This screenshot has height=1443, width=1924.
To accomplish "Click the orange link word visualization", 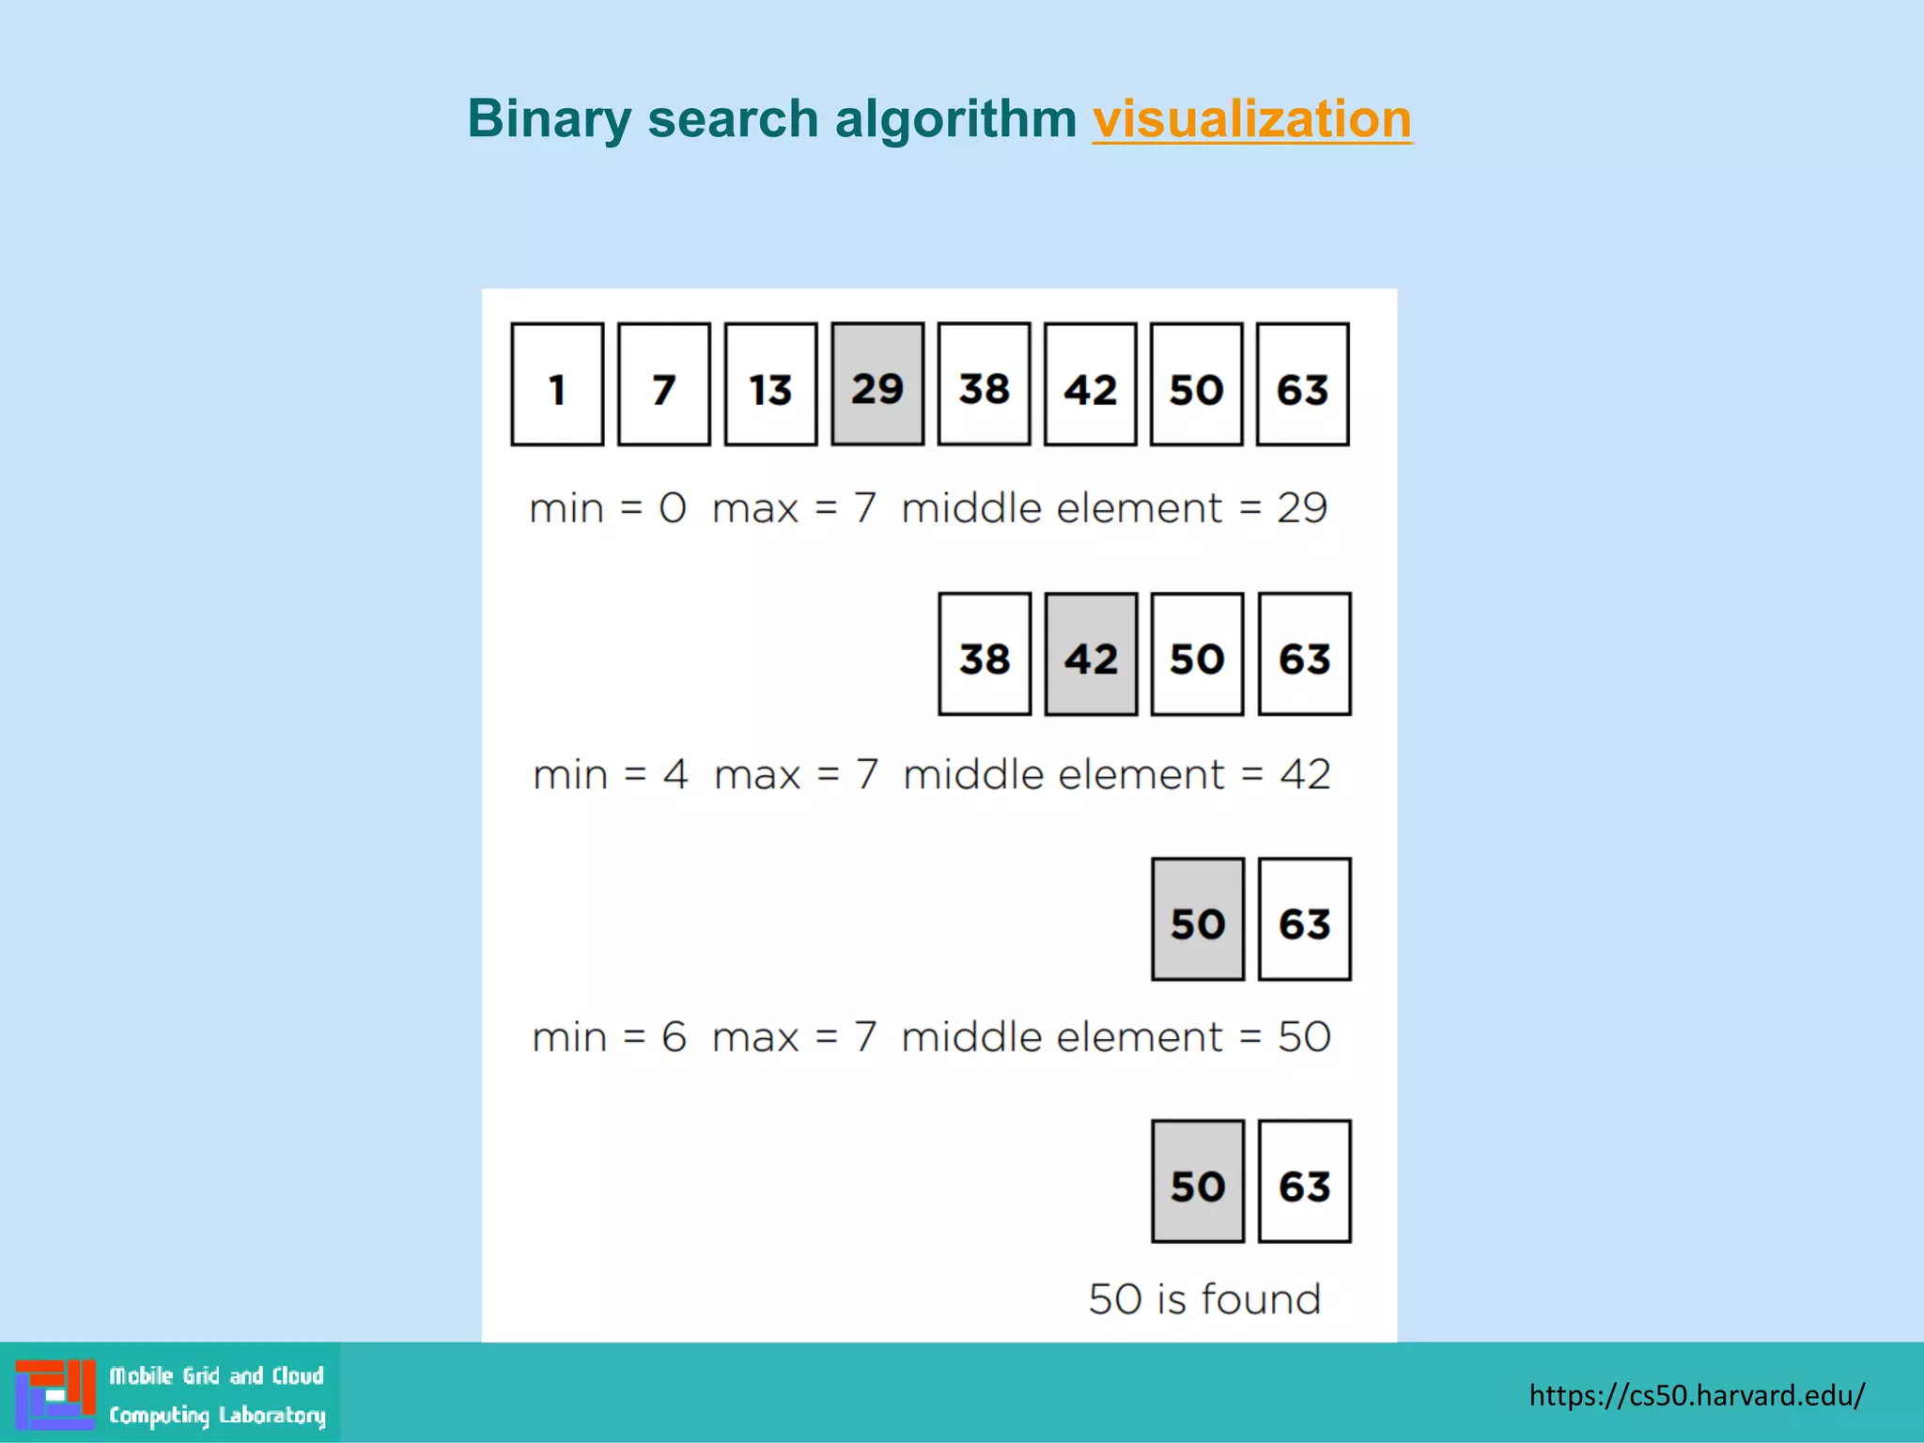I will pos(1251,119).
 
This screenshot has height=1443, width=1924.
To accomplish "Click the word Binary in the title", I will pos(551,119).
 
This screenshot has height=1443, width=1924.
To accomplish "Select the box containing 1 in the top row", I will pos(557,384).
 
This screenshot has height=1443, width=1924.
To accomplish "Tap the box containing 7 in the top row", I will pos(663,384).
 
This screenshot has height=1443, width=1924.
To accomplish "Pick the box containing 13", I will pos(770,384).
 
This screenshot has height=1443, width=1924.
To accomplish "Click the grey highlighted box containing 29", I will pos(877,384).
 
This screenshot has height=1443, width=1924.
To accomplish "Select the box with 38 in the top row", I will pos(984,384).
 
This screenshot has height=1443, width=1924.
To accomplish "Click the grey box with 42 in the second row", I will pos(1091,654).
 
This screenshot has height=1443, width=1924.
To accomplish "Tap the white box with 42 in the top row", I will pos(1090,384).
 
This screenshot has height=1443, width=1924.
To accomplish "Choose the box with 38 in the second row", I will pos(985,654).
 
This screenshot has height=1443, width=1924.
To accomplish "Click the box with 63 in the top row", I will pos(1303,384).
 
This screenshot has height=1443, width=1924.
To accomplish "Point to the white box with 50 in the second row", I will pos(1197,654).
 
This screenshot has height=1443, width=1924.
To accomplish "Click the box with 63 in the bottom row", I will pos(1304,1182).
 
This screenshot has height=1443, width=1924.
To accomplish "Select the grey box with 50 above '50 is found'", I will pos(1198,1182).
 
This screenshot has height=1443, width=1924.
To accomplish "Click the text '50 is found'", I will pos(1204,1299).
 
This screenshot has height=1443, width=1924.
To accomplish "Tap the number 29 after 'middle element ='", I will pos(1302,508).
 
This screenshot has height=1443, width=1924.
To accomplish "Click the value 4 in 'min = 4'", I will pos(675,775).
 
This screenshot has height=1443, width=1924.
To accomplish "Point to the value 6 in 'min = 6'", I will pos(674,1037).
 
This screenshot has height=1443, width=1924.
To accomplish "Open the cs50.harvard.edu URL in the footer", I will pos(1697,1395).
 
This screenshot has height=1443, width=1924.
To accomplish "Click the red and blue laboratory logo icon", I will pos(55,1394).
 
